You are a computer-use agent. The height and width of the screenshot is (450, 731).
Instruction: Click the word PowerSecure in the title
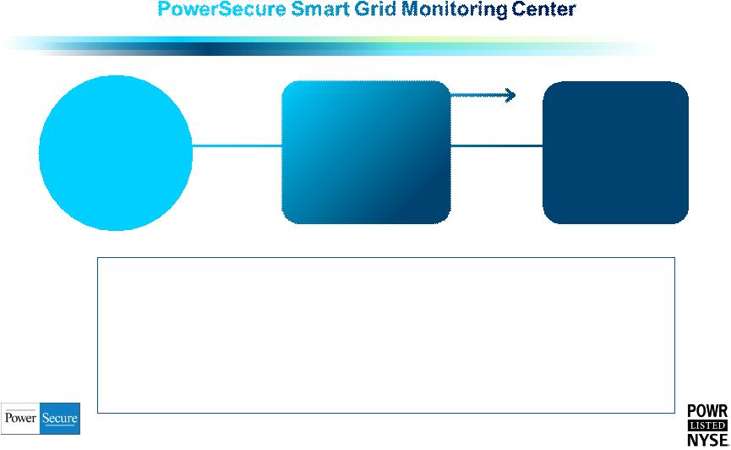221,9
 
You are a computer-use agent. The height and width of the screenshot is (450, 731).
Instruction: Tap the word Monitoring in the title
454,10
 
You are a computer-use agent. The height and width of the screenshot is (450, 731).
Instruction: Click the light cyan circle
116,152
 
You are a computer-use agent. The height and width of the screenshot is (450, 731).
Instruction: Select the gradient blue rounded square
366,152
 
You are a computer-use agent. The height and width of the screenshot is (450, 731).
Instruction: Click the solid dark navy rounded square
615,152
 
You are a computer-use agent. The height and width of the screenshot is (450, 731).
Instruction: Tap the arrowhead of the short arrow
510,96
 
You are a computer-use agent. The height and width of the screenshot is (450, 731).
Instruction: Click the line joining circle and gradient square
237,145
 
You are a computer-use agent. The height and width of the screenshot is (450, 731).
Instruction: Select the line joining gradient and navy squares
497,145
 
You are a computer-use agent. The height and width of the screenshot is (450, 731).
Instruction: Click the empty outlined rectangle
386,257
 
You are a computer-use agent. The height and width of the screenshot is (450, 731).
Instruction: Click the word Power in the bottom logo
20,418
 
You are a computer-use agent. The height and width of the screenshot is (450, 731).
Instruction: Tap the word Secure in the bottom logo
60,418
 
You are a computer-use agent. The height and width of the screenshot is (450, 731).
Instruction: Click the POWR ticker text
707,411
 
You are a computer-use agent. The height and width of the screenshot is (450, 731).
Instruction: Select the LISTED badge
707,425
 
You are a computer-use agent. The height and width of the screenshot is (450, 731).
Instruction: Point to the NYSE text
707,440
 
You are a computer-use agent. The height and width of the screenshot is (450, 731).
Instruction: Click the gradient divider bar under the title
326,47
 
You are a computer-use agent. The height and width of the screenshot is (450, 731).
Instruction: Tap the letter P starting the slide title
164,9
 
